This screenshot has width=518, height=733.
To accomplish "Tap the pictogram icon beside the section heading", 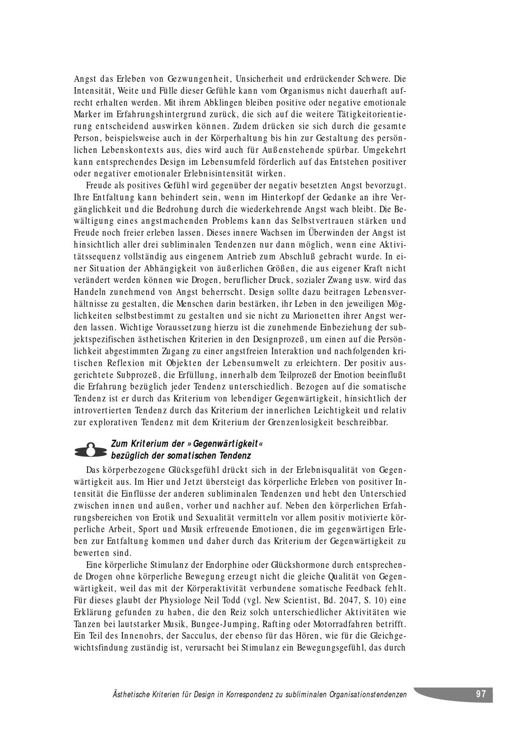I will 91,449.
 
